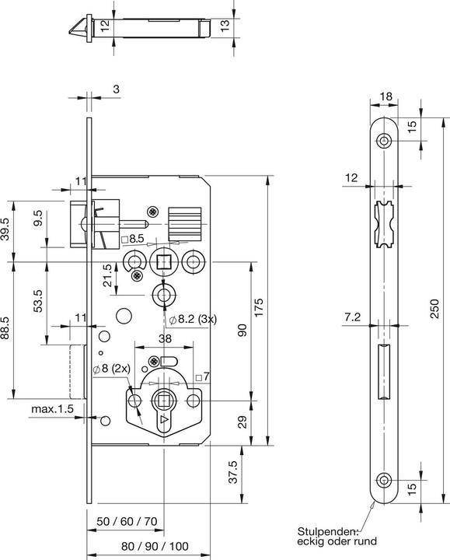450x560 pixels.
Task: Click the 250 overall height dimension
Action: pos(434,309)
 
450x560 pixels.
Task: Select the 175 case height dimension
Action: pos(258,307)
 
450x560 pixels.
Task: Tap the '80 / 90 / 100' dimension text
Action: pos(155,546)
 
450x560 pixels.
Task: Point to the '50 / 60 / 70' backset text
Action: pos(127,521)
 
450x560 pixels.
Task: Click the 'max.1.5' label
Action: pos(52,408)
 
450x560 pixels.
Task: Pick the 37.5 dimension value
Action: pos(232,472)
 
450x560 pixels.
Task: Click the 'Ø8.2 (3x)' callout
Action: pos(193,319)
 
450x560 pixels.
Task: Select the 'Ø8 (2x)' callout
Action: pos(112,369)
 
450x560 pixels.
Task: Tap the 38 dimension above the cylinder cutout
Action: pos(165,338)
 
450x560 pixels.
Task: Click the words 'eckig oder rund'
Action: pos(337,541)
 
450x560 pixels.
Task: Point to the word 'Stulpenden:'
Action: pos(328,531)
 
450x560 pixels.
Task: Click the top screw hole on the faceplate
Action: pos(384,140)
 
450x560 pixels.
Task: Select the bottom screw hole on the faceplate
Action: pos(384,480)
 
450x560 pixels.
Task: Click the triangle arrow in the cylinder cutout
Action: pos(164,419)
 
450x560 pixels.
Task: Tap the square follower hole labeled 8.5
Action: pos(163,262)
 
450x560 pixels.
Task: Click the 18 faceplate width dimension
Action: pos(385,96)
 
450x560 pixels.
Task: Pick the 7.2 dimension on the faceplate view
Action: pos(353,317)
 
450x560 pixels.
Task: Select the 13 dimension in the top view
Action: pos(225,25)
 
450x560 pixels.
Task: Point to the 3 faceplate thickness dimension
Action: pos(116,89)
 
